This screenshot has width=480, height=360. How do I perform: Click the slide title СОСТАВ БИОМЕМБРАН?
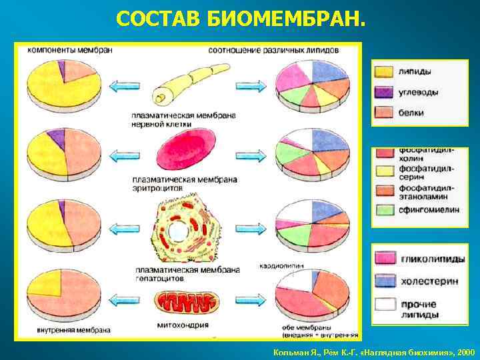pyautogui.click(x=240, y=20)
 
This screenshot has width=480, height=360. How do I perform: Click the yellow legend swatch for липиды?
pyautogui.click(x=383, y=71)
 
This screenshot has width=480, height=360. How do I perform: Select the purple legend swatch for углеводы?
pyautogui.click(x=383, y=92)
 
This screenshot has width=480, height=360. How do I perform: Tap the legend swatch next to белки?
pyautogui.click(x=383, y=113)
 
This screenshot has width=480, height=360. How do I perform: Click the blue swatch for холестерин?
pyautogui.click(x=385, y=281)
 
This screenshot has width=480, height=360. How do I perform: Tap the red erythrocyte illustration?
pyautogui.click(x=186, y=151)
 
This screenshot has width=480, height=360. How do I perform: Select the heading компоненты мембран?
pyautogui.click(x=69, y=51)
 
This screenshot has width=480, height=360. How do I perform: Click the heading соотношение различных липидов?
pyautogui.click(x=273, y=51)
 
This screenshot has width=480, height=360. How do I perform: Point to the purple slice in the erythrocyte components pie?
pyautogui.click(x=57, y=139)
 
